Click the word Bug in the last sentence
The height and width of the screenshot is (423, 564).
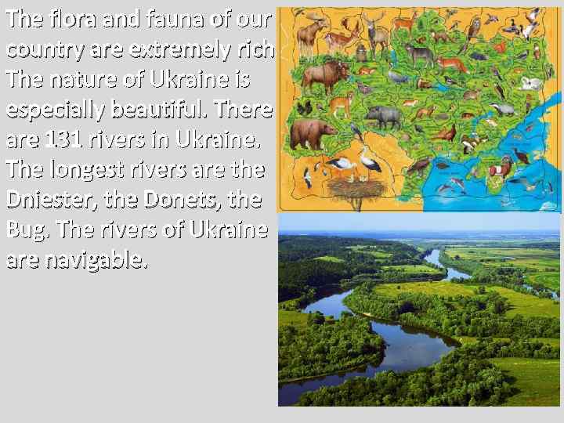(x=21, y=230)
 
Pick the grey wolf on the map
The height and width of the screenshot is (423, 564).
(x=419, y=53)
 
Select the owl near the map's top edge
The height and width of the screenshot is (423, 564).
(x=474, y=27)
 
